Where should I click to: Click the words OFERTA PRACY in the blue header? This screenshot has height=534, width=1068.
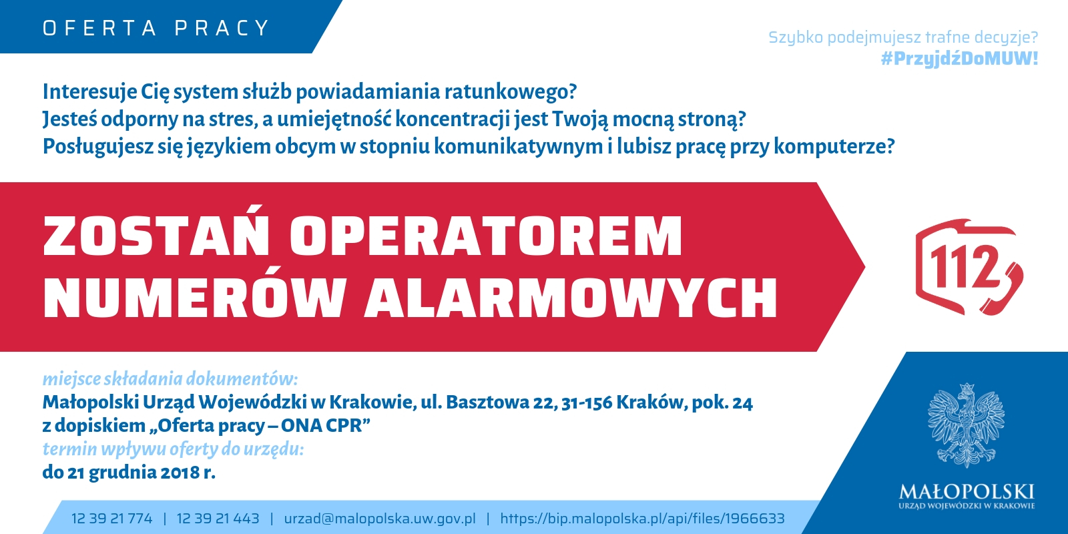click(156, 28)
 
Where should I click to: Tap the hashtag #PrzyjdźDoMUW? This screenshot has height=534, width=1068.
click(959, 59)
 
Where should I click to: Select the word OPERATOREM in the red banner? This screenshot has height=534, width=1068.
click(487, 237)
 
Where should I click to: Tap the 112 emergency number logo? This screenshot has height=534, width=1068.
click(969, 267)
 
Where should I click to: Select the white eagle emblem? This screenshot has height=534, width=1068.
click(967, 426)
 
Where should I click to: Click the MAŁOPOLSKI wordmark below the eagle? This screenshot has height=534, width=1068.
click(967, 491)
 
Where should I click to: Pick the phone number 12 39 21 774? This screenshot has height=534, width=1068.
click(112, 518)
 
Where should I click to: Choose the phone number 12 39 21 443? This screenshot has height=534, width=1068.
click(218, 518)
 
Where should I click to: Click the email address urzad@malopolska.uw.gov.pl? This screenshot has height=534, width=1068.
click(380, 518)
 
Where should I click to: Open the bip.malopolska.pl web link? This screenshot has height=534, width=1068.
click(642, 518)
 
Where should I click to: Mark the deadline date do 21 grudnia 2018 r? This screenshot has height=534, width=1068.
click(129, 472)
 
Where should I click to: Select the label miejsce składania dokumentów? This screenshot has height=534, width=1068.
click(170, 379)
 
